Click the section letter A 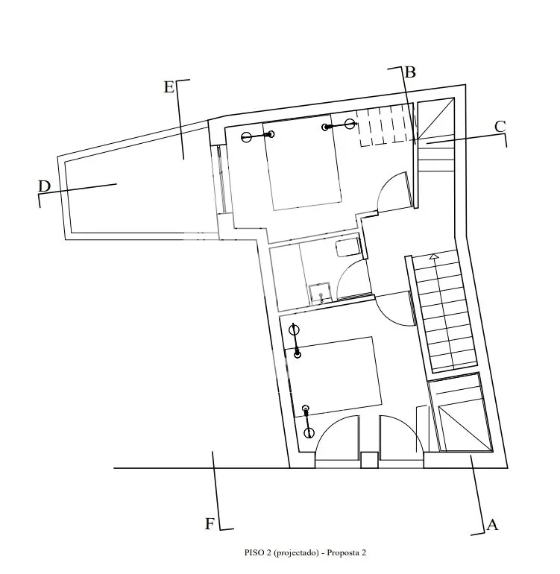click(492, 525)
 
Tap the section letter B click(410, 72)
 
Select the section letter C click(500, 127)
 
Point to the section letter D click(44, 186)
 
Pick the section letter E click(169, 87)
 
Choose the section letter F click(210, 524)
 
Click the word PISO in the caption click(254, 552)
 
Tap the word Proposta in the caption click(343, 553)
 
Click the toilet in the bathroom click(347, 247)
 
